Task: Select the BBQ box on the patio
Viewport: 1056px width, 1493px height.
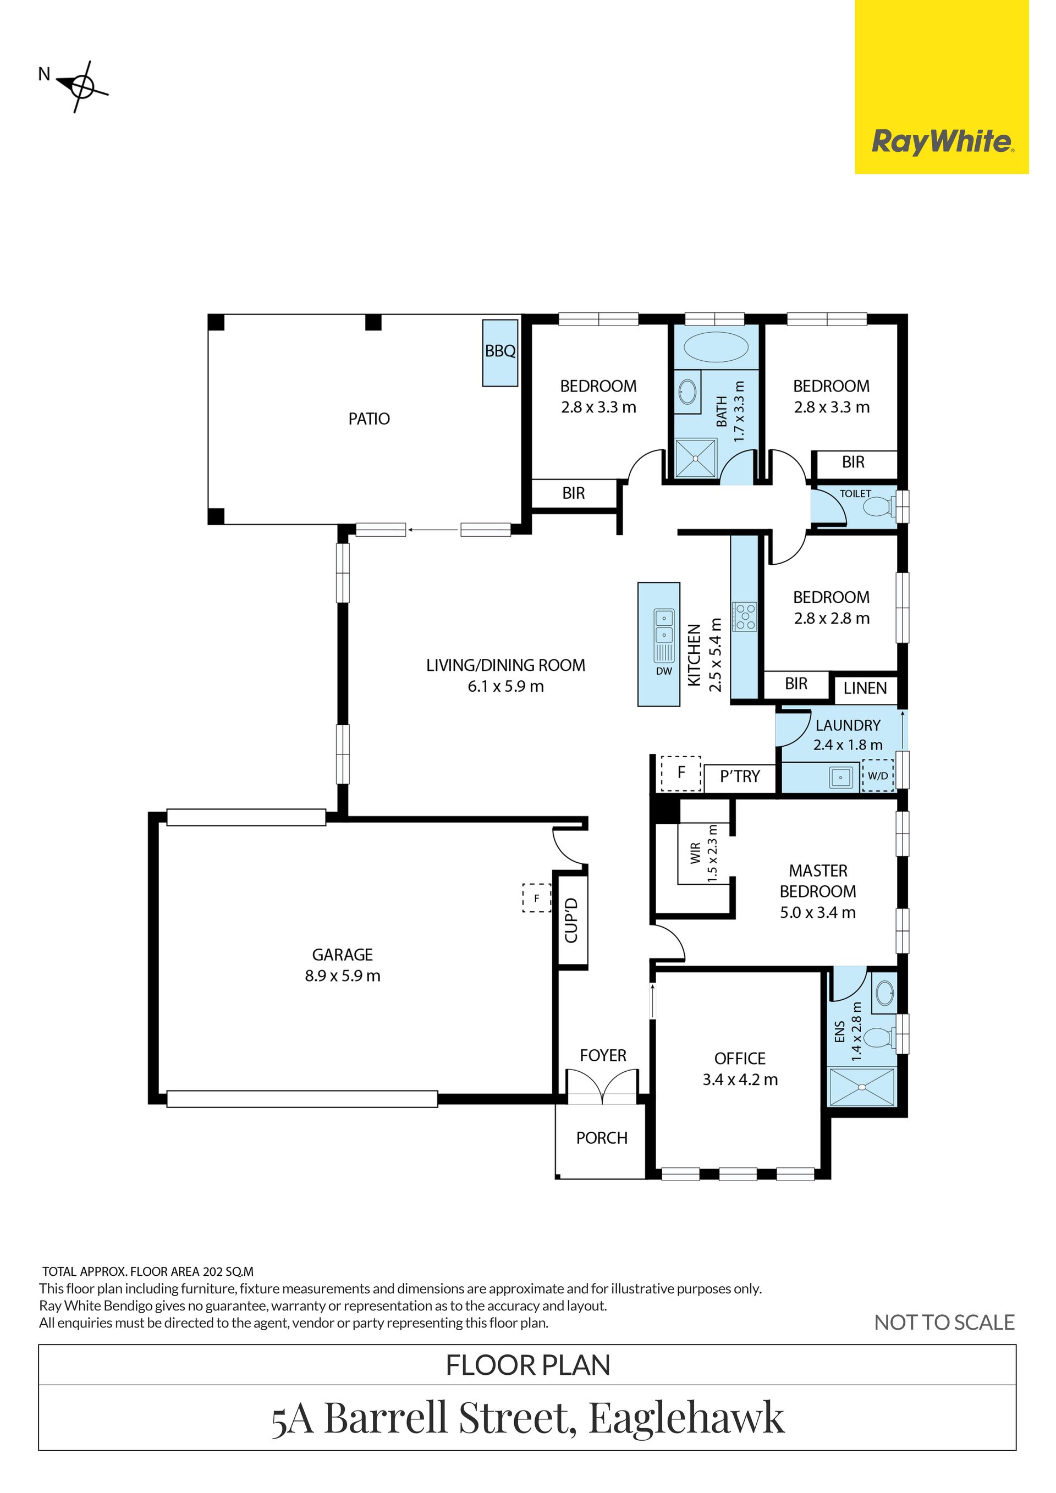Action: (500, 353)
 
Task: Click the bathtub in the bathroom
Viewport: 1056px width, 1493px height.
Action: (715, 346)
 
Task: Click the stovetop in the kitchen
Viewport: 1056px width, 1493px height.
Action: (745, 616)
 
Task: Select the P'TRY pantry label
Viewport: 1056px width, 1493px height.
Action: (740, 776)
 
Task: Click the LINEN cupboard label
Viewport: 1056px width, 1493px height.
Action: (865, 688)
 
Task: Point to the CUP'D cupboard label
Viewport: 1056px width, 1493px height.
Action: (571, 920)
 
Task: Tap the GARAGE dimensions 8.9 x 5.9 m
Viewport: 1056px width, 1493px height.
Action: (343, 976)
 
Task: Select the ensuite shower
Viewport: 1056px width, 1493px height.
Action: (862, 1086)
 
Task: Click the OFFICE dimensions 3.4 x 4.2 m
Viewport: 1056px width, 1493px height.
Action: (740, 1079)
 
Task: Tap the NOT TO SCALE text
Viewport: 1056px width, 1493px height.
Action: (944, 1322)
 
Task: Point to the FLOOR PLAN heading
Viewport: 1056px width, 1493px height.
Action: (528, 1365)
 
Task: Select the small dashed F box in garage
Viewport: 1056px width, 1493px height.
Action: (536, 898)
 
